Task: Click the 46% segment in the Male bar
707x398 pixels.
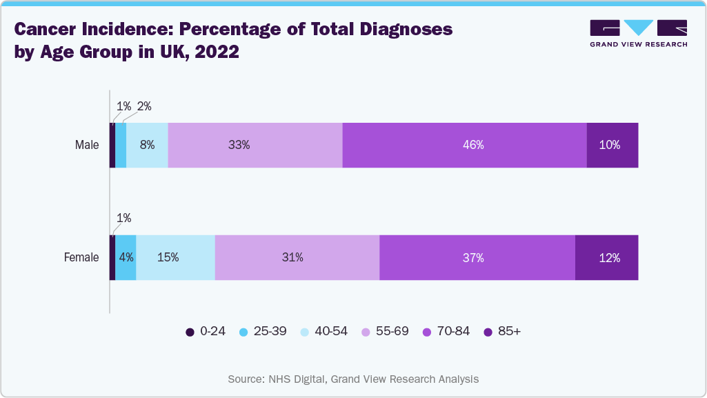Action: [464, 145]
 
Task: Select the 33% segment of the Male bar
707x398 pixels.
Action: [255, 145]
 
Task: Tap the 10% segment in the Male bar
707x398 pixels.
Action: [612, 145]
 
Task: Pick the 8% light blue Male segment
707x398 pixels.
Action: [147, 145]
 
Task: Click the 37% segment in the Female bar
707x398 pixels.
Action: [477, 257]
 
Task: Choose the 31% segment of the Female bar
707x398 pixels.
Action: [297, 257]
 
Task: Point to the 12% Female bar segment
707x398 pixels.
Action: [606, 257]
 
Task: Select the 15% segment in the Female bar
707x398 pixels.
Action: [175, 257]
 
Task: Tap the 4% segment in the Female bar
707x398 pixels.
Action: [126, 257]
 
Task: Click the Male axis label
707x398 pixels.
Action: [87, 145]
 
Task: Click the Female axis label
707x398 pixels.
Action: [81, 257]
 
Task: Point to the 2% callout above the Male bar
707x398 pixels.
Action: [143, 106]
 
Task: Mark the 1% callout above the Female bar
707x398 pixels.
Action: [123, 218]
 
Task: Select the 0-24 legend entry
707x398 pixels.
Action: [206, 331]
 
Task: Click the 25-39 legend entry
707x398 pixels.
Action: [263, 331]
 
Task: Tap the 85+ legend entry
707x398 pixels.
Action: [503, 331]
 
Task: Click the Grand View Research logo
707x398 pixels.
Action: [638, 33]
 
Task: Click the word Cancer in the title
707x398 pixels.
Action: [44, 30]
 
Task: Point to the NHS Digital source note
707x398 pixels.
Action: [353, 379]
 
